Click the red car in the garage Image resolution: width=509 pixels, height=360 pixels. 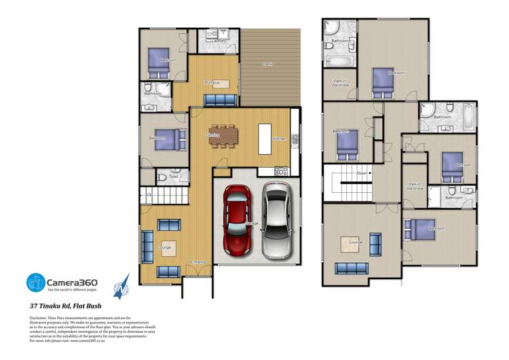pyautogui.click(x=238, y=221)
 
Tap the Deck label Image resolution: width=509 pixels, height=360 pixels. pyautogui.click(x=267, y=65)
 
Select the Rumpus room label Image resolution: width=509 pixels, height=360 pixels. pyautogui.click(x=212, y=83)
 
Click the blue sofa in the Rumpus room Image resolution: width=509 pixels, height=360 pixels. pyautogui.click(x=220, y=100)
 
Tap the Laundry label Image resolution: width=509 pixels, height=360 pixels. pyautogui.click(x=219, y=41)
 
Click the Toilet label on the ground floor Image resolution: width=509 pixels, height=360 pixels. pyautogui.click(x=174, y=177)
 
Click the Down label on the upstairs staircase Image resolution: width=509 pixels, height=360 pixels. pyautogui.click(x=362, y=173)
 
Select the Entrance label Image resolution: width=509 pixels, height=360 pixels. pyautogui.click(x=198, y=262)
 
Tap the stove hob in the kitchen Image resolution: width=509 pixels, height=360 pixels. pyautogui.click(x=280, y=170)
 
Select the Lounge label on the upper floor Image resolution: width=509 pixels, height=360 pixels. pyautogui.click(x=356, y=242)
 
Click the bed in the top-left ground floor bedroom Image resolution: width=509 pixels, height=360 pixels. pyautogui.click(x=160, y=59)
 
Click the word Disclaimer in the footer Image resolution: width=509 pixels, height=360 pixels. pyautogui.click(x=38, y=317)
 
